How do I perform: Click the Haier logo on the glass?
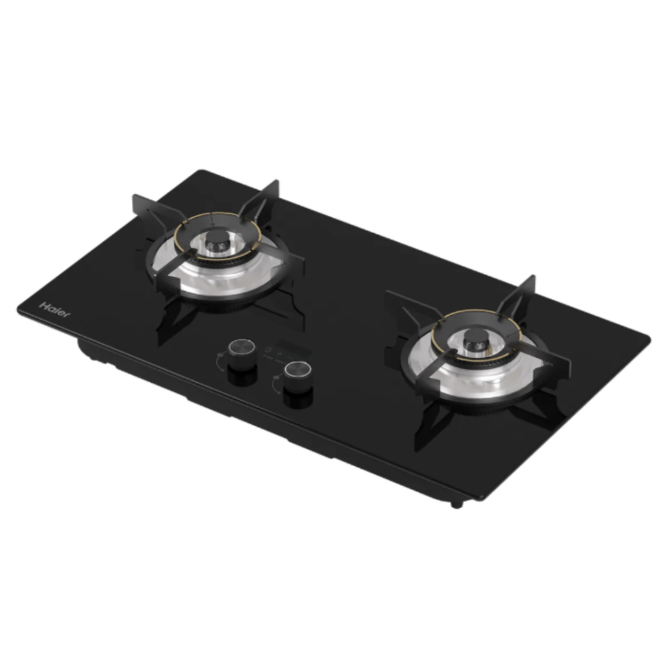(x=54, y=309)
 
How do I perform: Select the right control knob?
(x=297, y=371)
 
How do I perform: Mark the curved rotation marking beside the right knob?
(x=274, y=384)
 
